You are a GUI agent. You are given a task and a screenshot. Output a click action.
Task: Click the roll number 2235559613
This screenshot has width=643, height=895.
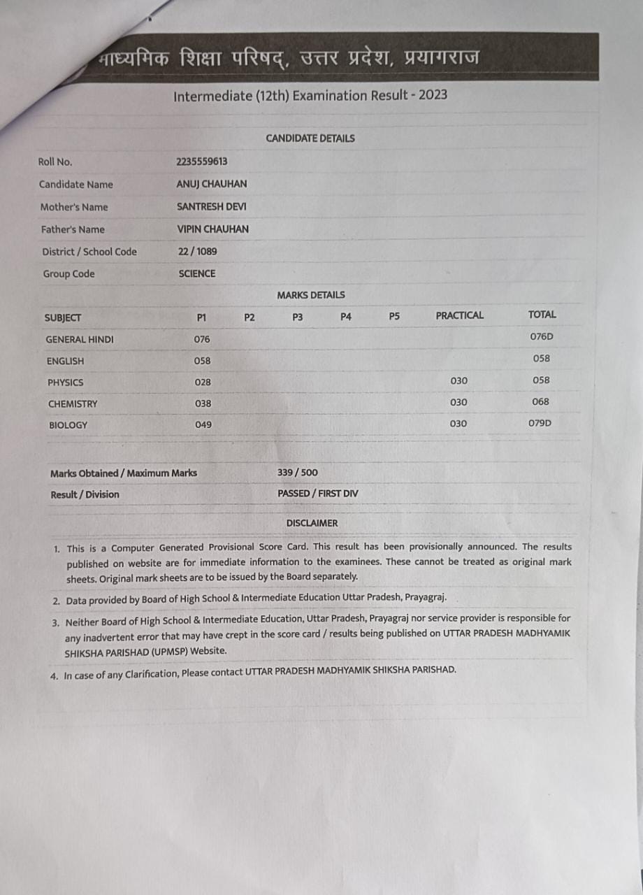pyautogui.click(x=202, y=162)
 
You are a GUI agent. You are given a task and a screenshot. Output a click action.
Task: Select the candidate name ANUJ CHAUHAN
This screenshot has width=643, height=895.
pyautogui.click(x=212, y=184)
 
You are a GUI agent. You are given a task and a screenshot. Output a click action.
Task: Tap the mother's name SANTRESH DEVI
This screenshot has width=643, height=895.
pyautogui.click(x=211, y=206)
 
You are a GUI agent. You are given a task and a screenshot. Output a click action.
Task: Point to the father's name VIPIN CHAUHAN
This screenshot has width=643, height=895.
pyautogui.click(x=213, y=229)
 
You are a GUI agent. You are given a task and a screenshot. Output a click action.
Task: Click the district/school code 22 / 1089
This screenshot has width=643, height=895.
pyautogui.click(x=197, y=251)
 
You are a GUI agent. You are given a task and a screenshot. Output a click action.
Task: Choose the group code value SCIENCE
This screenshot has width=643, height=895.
pyautogui.click(x=197, y=273)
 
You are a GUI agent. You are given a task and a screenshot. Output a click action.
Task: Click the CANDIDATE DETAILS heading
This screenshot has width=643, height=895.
pyautogui.click(x=310, y=138)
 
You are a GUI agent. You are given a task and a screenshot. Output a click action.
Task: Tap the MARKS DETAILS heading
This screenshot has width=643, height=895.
pyautogui.click(x=310, y=295)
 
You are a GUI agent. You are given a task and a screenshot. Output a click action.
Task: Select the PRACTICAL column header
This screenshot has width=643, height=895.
pyautogui.click(x=459, y=315)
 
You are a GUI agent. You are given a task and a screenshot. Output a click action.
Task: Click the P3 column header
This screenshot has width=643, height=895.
pyautogui.click(x=297, y=317)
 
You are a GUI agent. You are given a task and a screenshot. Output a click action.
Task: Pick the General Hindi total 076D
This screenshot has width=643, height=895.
pyautogui.click(x=541, y=336)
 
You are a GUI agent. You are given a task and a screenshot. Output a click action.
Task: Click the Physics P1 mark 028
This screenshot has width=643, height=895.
pyautogui.click(x=203, y=382)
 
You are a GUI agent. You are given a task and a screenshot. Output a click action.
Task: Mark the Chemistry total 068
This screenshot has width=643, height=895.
pyautogui.click(x=540, y=401)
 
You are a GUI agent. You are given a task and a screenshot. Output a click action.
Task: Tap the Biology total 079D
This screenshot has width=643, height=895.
pyautogui.click(x=540, y=423)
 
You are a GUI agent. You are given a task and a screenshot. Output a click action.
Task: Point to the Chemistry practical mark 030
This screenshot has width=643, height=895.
pyautogui.click(x=458, y=402)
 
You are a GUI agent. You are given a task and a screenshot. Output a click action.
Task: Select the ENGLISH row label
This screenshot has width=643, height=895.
pyautogui.click(x=65, y=361)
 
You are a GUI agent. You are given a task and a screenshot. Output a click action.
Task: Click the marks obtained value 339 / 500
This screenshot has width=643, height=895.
pyautogui.click(x=297, y=473)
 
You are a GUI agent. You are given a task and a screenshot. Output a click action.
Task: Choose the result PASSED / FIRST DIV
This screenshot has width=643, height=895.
pyautogui.click(x=317, y=494)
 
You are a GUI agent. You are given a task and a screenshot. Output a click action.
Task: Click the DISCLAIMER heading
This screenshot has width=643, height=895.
pyautogui.click(x=312, y=523)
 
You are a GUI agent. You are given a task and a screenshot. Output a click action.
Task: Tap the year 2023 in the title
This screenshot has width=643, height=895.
pyautogui.click(x=433, y=94)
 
